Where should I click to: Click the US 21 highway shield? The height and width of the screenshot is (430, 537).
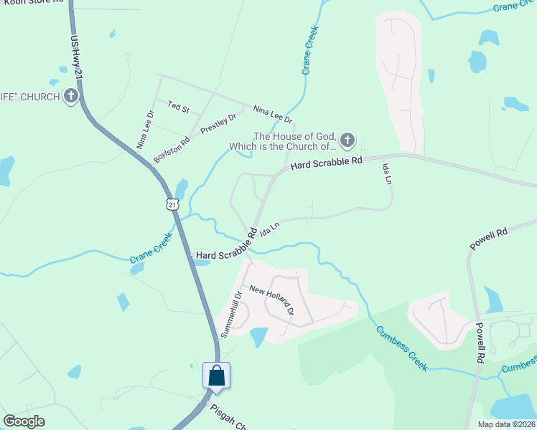172,204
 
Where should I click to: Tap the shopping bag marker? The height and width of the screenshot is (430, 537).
216,376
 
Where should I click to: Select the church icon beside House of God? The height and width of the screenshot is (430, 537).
347,140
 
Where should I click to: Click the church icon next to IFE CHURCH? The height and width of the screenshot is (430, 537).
70,96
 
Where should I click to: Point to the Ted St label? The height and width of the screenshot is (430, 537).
177,108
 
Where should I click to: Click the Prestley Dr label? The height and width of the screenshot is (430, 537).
218,124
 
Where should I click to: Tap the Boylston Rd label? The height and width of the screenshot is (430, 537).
171,150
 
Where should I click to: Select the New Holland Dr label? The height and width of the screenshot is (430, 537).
272,300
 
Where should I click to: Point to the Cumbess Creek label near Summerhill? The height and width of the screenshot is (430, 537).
402,348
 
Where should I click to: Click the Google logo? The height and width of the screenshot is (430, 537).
24,421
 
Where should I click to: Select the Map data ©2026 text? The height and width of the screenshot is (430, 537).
506,424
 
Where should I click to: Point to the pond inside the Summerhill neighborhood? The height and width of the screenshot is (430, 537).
258,336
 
